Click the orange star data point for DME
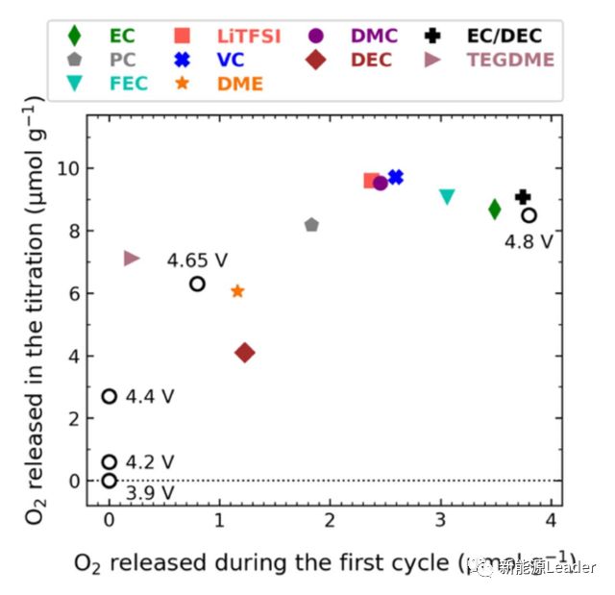pos(237,291)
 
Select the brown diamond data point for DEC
pos(245,353)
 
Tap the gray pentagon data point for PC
pos(311,225)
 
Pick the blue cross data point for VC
pos(395,178)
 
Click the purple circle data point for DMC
pos(381,183)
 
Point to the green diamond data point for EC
pos(495,209)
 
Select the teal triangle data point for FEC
pos(447,197)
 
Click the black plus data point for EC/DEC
pos(523,197)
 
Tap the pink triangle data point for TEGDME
pos(132,259)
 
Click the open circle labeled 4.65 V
pos(197,284)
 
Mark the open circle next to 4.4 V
pos(110,396)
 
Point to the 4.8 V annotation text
pos(529,241)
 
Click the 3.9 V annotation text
pos(150,493)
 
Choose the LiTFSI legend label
pos(249,37)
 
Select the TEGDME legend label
pos(510,60)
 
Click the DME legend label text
pos(240,84)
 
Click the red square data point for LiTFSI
pos(371,181)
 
